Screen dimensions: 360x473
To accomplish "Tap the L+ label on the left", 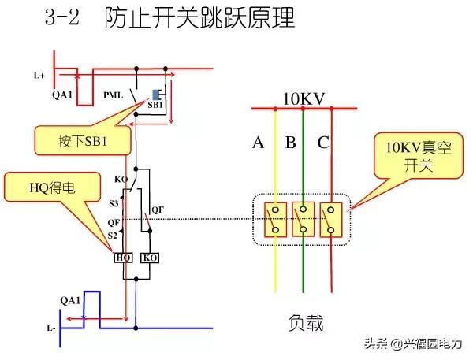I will coord(39,76).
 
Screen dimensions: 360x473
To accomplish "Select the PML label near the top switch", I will coord(113,95).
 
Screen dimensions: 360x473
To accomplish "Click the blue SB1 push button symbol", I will coord(155,94).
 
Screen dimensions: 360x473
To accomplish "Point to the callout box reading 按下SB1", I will coord(82,142).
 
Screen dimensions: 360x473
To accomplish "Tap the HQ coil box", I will coord(123,258).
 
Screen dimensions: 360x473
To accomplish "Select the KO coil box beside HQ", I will coord(149,258).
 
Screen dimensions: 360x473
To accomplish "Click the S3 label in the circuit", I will coord(114,203).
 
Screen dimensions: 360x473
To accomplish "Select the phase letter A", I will coord(258,143).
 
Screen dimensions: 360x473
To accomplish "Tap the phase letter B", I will coord(290,143).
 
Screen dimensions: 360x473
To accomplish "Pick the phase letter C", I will coord(323,143).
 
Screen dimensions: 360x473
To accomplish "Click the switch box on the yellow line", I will coord(275,220).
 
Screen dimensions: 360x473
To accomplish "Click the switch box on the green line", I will coord(304,220).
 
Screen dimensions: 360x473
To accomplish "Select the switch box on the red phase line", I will coord(331,220).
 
